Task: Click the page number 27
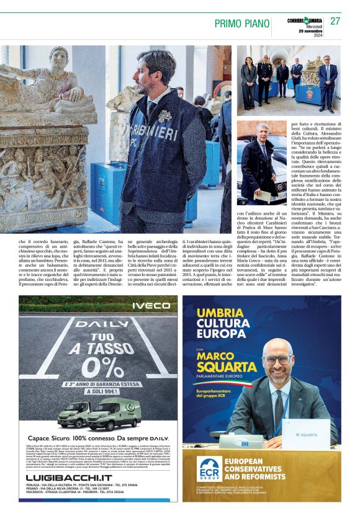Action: (x=335, y=21)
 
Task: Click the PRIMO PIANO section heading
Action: (x=241, y=23)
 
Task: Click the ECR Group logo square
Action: (x=210, y=469)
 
